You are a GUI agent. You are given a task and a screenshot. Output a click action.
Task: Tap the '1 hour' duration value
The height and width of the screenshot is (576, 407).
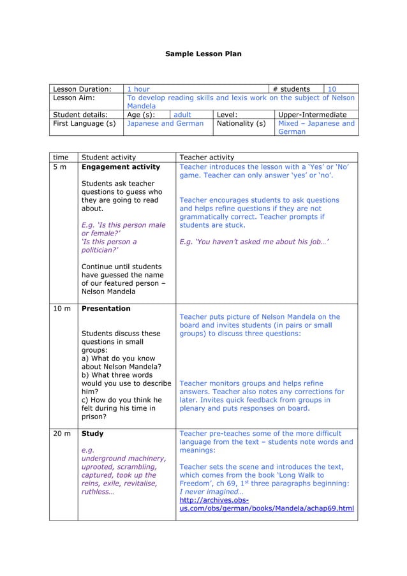tap(138, 89)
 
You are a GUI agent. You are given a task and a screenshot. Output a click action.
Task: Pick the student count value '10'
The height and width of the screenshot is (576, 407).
tap(332, 89)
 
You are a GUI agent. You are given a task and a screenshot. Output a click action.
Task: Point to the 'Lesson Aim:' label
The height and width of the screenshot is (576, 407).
tap(74, 98)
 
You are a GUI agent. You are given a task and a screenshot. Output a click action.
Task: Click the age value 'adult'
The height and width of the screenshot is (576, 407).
tap(184, 115)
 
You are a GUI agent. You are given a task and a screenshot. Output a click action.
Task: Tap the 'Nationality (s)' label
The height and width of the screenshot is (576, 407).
tap(241, 124)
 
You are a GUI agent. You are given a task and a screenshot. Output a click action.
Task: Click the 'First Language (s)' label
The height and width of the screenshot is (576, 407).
tap(84, 124)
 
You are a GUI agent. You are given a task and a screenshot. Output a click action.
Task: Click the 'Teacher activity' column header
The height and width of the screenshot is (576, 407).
tap(207, 158)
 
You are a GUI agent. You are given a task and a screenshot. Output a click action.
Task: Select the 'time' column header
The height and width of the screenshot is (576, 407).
tap(61, 158)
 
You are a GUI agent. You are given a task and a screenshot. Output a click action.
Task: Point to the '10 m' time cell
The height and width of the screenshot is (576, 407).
tap(62, 309)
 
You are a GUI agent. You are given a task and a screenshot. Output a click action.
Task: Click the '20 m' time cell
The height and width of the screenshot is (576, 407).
tap(62, 434)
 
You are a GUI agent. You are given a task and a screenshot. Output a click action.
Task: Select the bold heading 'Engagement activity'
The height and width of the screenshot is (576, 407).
tap(121, 167)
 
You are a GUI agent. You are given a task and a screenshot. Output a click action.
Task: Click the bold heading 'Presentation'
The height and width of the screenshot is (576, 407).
tap(106, 309)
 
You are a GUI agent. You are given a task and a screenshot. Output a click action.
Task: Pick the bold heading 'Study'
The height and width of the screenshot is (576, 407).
tap(93, 434)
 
